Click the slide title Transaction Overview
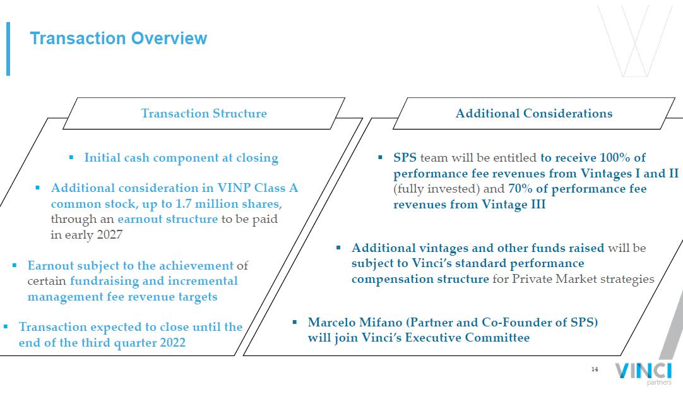118,39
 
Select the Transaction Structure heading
204,113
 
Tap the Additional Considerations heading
534,113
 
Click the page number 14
595,369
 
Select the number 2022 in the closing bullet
173,343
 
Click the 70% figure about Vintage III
520,189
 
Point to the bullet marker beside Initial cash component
71,157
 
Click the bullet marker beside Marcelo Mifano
295,322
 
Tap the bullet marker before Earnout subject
15,265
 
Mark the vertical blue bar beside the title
8,49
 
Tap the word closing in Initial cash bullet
257,158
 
